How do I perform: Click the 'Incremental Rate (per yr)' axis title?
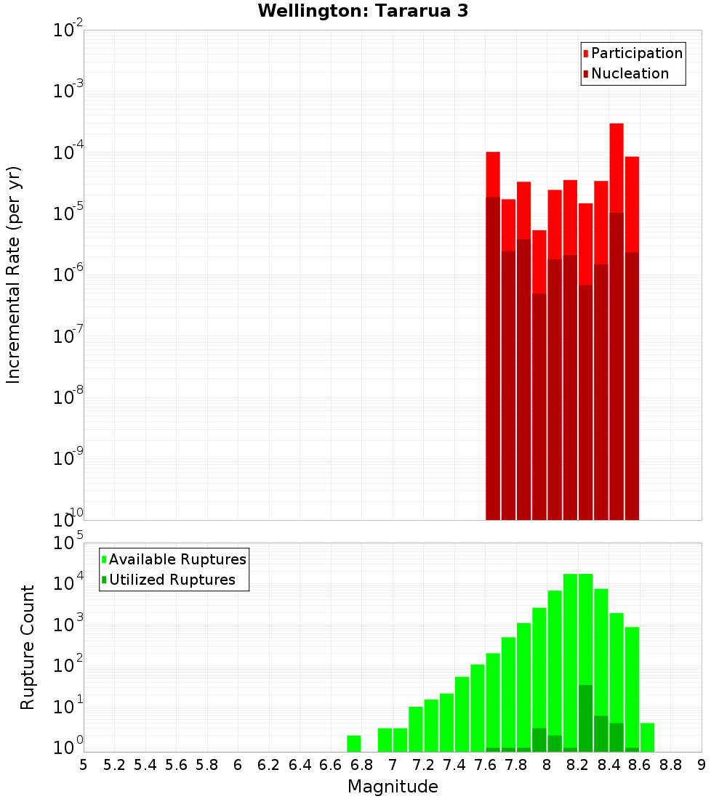[x=14, y=275]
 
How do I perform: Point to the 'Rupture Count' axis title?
[x=28, y=647]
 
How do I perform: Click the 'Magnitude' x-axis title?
[x=393, y=787]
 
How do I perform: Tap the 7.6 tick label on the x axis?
[x=485, y=765]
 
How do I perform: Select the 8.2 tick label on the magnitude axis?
[x=578, y=765]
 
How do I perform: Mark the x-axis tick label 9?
[x=702, y=765]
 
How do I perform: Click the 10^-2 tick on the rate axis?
[x=68, y=31]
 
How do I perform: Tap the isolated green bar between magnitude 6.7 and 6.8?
[x=354, y=743]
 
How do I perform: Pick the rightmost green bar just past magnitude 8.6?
[x=647, y=737]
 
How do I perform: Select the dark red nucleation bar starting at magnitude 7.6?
[x=493, y=363]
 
